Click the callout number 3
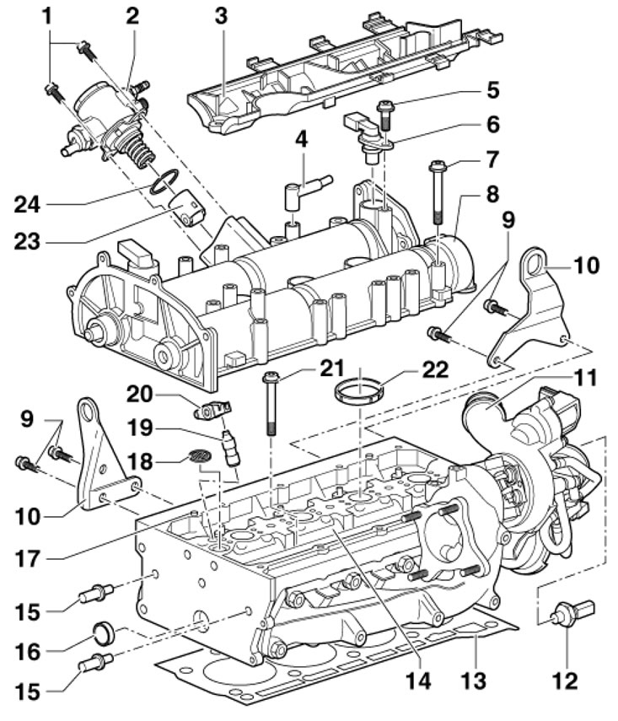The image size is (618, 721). pyautogui.click(x=221, y=17)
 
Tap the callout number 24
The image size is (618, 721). pyautogui.click(x=27, y=204)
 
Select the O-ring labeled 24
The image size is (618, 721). pyautogui.click(x=164, y=182)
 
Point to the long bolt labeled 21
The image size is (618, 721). pyautogui.click(x=271, y=403)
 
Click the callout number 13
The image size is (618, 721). pyautogui.click(x=474, y=679)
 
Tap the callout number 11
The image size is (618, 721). pyautogui.click(x=584, y=378)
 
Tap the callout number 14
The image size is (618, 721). pyautogui.click(x=418, y=680)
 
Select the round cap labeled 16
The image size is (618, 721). pyautogui.click(x=102, y=632)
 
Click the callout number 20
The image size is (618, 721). pyautogui.click(x=140, y=395)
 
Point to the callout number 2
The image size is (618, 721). pyautogui.click(x=132, y=17)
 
